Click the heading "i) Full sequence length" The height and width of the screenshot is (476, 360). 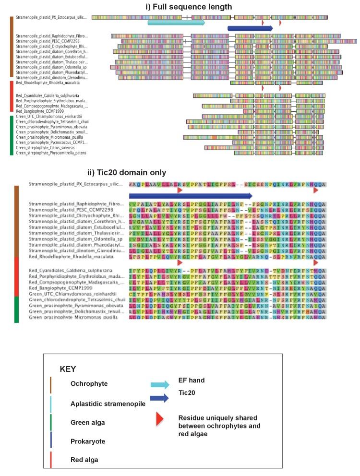(x=189, y=7)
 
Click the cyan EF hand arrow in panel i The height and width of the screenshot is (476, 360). (x=176, y=22)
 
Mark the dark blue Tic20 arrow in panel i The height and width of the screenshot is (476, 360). (x=250, y=28)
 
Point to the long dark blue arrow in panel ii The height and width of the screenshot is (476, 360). (x=191, y=195)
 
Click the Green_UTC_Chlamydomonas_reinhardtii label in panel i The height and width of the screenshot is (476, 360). (x=49, y=117)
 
